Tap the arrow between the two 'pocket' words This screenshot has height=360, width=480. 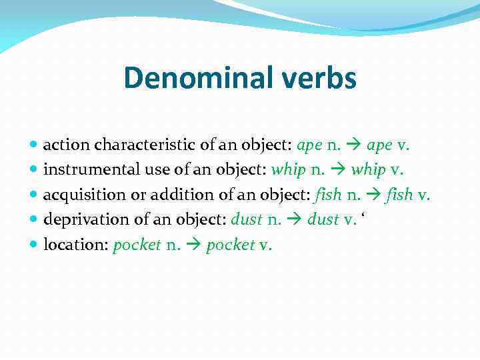pyautogui.click(x=195, y=245)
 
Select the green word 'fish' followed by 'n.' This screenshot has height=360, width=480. pyautogui.click(x=327, y=195)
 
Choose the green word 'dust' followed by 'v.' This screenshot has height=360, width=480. pyautogui.click(x=323, y=220)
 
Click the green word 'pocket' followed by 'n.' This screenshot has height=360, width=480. pyautogui.click(x=137, y=245)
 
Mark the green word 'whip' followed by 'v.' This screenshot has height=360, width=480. pyautogui.click(x=368, y=170)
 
